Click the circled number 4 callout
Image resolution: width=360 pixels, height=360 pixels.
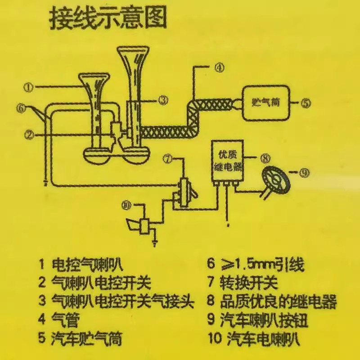(x=218, y=68)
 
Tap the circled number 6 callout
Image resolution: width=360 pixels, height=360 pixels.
(x=19, y=108)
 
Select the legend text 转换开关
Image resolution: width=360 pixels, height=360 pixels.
(x=249, y=283)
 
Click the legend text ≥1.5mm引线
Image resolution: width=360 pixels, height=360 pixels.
(x=261, y=265)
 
